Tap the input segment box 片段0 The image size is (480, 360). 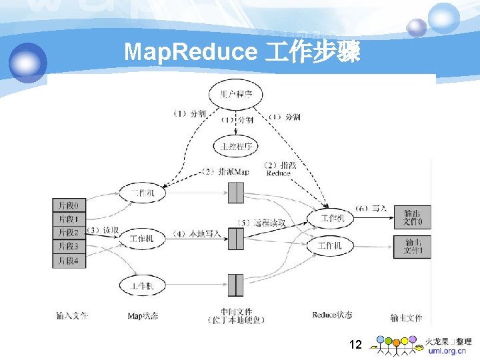(x=69, y=205)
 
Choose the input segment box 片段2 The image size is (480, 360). (x=69, y=233)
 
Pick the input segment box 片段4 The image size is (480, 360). (x=69, y=261)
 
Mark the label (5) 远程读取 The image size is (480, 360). (x=261, y=223)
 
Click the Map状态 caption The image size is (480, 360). (x=143, y=315)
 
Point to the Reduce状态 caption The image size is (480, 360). (x=331, y=314)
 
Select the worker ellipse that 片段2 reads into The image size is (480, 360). (x=141, y=238)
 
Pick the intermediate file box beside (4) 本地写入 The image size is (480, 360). (x=236, y=239)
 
